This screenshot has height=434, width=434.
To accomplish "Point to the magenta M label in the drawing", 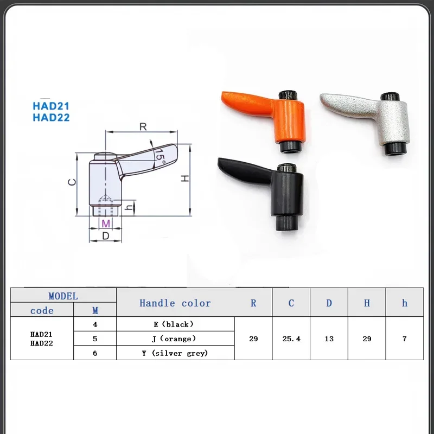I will click(106, 224).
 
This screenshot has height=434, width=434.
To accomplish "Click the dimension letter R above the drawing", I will click(143, 126).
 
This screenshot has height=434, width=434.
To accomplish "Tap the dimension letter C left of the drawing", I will click(71, 182).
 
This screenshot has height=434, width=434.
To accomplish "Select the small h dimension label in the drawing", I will click(129, 207).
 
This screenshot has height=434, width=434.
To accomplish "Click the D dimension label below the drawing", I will click(106, 235).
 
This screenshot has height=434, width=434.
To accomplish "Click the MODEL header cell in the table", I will click(63, 296).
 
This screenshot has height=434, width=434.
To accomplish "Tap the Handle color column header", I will click(175, 303).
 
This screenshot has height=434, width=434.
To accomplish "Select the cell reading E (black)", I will click(175, 324).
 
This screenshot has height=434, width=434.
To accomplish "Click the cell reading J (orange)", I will click(175, 339).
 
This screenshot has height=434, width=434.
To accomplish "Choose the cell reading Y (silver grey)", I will click(175, 353).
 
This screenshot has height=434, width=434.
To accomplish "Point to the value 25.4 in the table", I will click(291, 339).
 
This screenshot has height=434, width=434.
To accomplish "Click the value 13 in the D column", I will click(329, 339).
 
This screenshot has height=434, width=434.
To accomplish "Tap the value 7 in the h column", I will click(404, 339).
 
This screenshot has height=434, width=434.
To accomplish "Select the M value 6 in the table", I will click(95, 353).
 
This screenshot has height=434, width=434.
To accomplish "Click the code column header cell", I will click(42, 311).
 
